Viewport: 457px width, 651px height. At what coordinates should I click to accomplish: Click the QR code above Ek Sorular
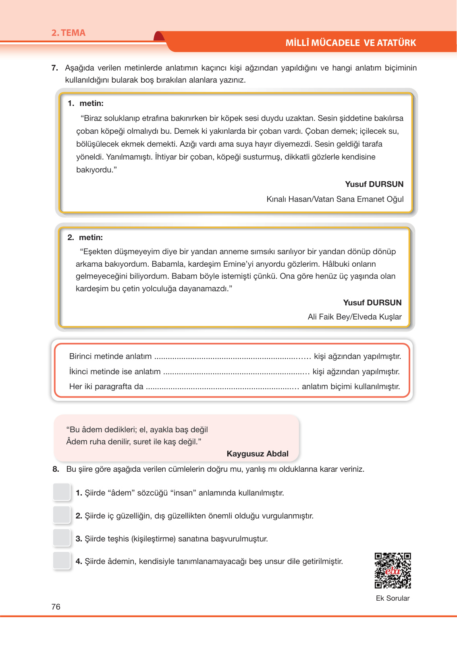pos(393,570)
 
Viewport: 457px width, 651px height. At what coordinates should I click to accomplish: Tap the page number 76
pos(56,607)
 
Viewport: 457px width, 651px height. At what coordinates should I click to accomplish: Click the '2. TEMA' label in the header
pos(69,33)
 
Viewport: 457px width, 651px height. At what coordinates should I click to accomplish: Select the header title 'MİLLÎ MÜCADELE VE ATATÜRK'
pos(351,43)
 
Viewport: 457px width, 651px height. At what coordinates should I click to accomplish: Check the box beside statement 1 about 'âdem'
pos(62,492)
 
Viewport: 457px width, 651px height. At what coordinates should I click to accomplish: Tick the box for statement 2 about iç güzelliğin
pos(62,515)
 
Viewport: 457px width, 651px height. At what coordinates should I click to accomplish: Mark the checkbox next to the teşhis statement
pos(62,538)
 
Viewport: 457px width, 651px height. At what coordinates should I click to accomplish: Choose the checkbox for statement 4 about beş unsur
pos(62,560)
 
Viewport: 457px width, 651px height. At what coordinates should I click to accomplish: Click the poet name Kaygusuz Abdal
pos(258,454)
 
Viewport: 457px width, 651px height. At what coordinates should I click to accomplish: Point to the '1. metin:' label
pos(85,104)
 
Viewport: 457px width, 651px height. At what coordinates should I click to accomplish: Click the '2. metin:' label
pos(85,238)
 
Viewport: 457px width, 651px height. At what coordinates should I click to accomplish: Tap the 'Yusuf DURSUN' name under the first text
pos(374,184)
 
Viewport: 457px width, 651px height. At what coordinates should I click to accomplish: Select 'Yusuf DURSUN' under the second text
pos(372,303)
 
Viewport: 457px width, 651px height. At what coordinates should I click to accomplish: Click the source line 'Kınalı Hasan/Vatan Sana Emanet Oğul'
pos(335,199)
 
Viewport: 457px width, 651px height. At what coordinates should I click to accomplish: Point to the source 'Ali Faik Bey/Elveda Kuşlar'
pos(355,317)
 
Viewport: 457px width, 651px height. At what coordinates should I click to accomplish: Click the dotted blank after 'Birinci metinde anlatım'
pos(233,357)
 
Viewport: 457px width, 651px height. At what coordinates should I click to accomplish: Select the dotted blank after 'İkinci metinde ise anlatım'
pos(236,372)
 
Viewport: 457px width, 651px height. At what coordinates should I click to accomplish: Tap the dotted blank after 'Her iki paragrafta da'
pos(222,387)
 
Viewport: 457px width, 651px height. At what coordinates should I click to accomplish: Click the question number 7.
pos(55,68)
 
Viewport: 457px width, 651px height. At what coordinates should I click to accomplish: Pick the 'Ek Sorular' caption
pos(393,598)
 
